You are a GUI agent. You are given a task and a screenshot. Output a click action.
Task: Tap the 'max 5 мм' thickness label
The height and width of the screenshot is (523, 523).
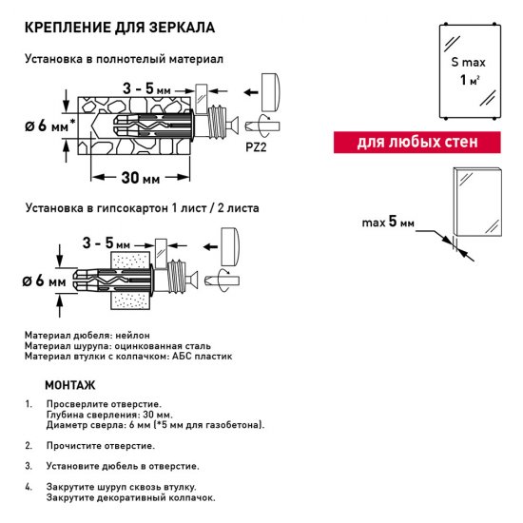coord(388,223)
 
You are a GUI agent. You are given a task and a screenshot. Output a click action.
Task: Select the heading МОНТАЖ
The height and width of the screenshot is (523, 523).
coord(69,386)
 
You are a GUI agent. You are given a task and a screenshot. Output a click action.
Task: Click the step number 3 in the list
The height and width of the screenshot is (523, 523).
coord(29,466)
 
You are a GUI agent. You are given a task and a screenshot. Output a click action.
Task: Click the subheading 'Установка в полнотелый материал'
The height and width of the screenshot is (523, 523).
coord(125,58)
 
